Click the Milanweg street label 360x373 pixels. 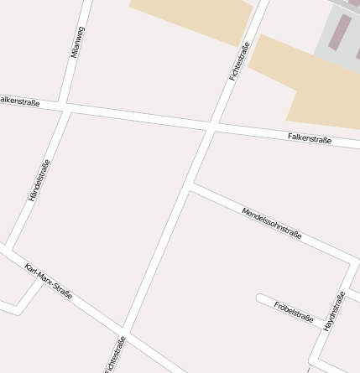click(78, 42)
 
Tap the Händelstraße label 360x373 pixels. click(39, 180)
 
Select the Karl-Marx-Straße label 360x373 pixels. click(48, 282)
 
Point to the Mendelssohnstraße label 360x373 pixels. click(271, 222)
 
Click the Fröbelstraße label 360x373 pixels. click(294, 312)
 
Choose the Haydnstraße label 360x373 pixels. click(334, 310)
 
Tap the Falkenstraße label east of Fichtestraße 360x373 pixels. click(310, 137)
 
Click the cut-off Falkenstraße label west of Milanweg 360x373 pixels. click(19, 100)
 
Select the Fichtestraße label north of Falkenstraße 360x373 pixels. click(239, 61)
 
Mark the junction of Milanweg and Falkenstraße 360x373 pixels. click(66, 107)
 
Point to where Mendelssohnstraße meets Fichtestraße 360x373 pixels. click(192, 186)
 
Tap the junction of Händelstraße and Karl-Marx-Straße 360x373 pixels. click(8, 247)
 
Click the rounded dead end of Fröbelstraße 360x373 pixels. click(261, 299)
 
